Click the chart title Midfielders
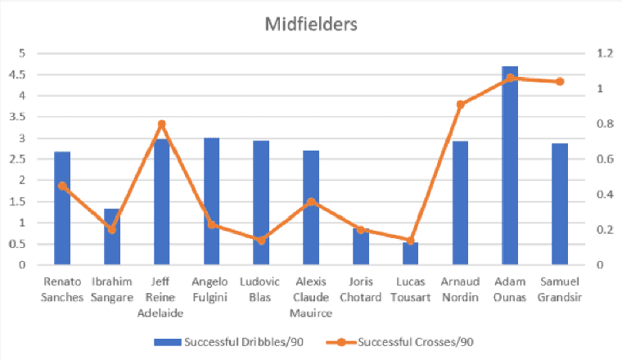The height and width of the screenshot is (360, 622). click(x=311, y=24)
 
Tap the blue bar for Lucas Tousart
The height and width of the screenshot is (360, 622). click(x=410, y=254)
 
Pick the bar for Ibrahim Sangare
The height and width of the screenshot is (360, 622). click(x=111, y=236)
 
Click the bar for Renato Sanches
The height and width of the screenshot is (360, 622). click(x=62, y=208)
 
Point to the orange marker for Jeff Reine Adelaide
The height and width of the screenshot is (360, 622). click(x=161, y=124)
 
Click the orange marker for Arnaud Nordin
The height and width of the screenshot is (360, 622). click(x=460, y=105)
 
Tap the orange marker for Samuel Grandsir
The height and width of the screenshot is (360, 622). click(x=560, y=82)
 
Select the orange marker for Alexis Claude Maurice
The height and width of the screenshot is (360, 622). click(x=311, y=201)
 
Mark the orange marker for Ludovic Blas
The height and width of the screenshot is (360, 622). click(x=261, y=241)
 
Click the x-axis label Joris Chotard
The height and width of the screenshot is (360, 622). click(x=360, y=290)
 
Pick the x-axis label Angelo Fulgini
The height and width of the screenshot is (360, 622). click(x=211, y=290)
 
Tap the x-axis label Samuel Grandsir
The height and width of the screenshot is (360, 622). click(x=560, y=290)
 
